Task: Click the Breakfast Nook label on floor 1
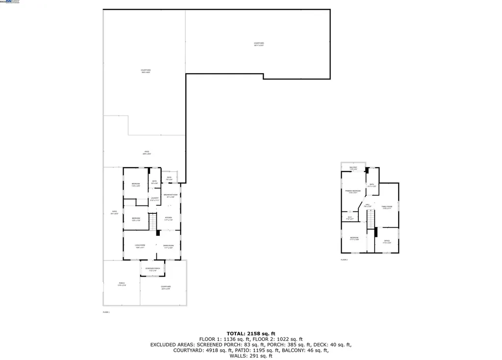click(x=169, y=196)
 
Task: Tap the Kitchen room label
click(x=168, y=219)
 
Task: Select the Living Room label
click(x=141, y=246)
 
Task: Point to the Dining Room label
click(x=168, y=246)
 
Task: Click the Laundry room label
click(x=154, y=199)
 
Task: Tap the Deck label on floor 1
click(x=169, y=178)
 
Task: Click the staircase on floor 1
click(x=153, y=224)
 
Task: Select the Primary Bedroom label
click(x=354, y=192)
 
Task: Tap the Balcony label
click(x=353, y=168)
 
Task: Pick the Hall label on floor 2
click(x=367, y=206)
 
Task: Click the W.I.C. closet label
click(x=350, y=218)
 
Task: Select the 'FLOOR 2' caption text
click(x=344, y=259)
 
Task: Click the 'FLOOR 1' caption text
click(x=106, y=312)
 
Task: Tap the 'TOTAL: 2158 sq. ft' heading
click(x=251, y=334)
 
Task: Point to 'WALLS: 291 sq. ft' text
click(x=251, y=356)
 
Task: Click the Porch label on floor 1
click(x=122, y=284)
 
